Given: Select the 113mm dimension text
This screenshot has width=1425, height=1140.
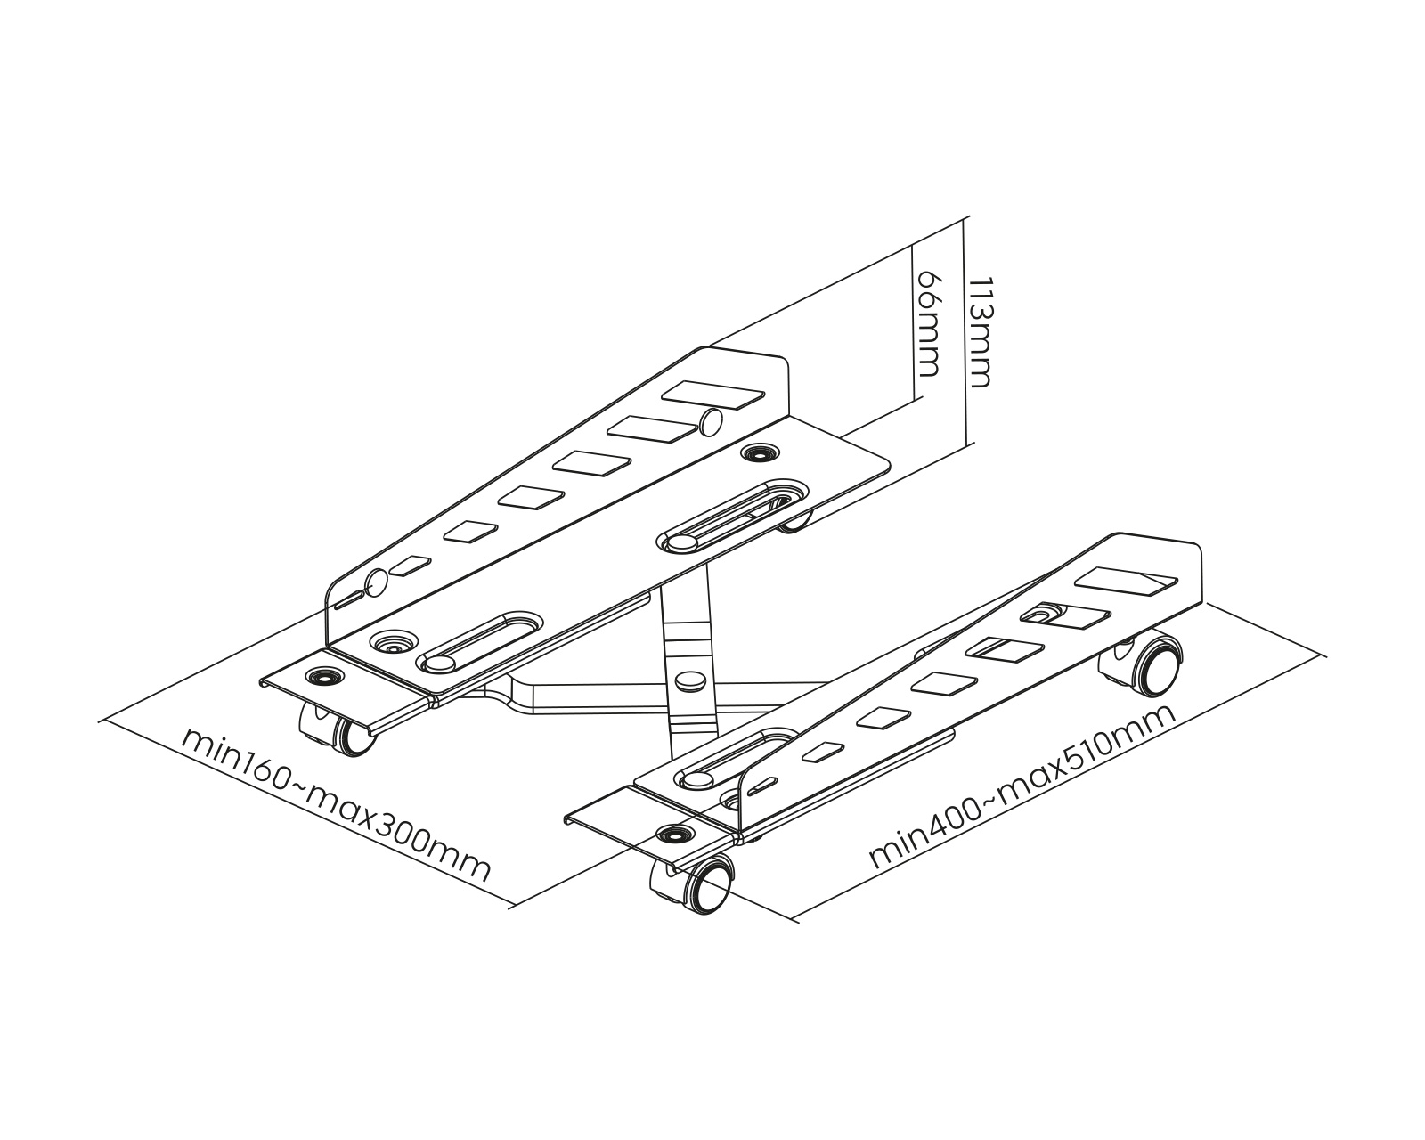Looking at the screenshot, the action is (979, 332).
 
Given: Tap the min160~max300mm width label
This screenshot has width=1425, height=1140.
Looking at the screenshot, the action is (336, 804).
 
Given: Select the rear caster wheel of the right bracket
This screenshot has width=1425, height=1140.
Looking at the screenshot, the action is (1142, 664).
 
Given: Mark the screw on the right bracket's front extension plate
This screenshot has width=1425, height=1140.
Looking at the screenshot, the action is (674, 834).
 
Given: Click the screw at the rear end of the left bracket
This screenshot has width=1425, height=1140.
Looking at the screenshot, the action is (761, 453).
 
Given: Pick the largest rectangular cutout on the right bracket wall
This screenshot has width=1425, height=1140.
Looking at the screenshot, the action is (1127, 582).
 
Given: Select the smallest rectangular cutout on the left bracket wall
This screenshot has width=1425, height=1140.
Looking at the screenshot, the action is (410, 565).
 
